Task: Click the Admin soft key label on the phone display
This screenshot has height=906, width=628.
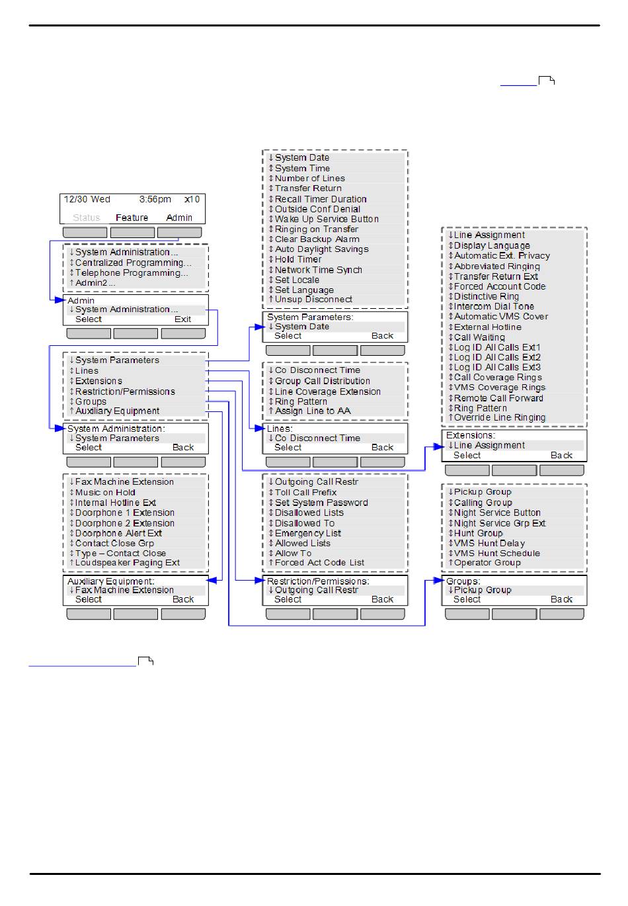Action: tap(179, 218)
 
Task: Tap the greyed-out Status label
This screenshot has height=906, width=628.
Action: tap(87, 218)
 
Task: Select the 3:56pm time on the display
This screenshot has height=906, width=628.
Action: tap(155, 199)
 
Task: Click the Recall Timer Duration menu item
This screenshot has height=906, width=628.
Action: tap(321, 199)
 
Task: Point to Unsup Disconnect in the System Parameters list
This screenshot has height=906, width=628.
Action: tap(313, 300)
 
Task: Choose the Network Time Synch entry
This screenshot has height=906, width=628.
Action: tap(318, 270)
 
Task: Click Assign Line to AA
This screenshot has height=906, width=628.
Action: tap(313, 411)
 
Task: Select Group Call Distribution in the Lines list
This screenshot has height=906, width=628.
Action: tap(322, 381)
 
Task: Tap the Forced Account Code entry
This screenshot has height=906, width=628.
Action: tap(500, 286)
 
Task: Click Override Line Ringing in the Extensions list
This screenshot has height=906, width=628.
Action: tap(500, 417)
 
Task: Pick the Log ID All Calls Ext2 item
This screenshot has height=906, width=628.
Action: tap(497, 357)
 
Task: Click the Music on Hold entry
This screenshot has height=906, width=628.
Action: tap(105, 492)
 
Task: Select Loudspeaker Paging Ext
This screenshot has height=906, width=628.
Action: tap(127, 563)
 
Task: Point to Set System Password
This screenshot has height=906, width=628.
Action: tap(321, 503)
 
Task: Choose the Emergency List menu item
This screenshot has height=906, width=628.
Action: tap(308, 533)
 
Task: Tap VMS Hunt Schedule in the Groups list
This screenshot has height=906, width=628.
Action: tap(496, 553)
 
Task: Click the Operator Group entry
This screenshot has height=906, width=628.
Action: tap(487, 563)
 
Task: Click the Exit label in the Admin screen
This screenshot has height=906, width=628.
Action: tap(182, 319)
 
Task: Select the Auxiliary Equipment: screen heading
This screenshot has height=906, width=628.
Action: tap(111, 581)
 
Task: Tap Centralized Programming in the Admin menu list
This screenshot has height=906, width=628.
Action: tap(133, 263)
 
